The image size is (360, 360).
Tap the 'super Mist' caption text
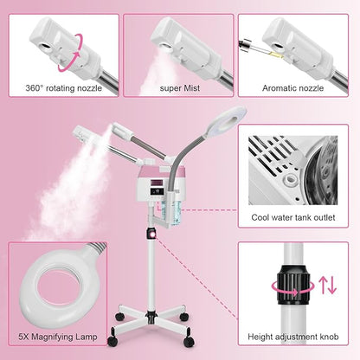coord(179,88)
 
